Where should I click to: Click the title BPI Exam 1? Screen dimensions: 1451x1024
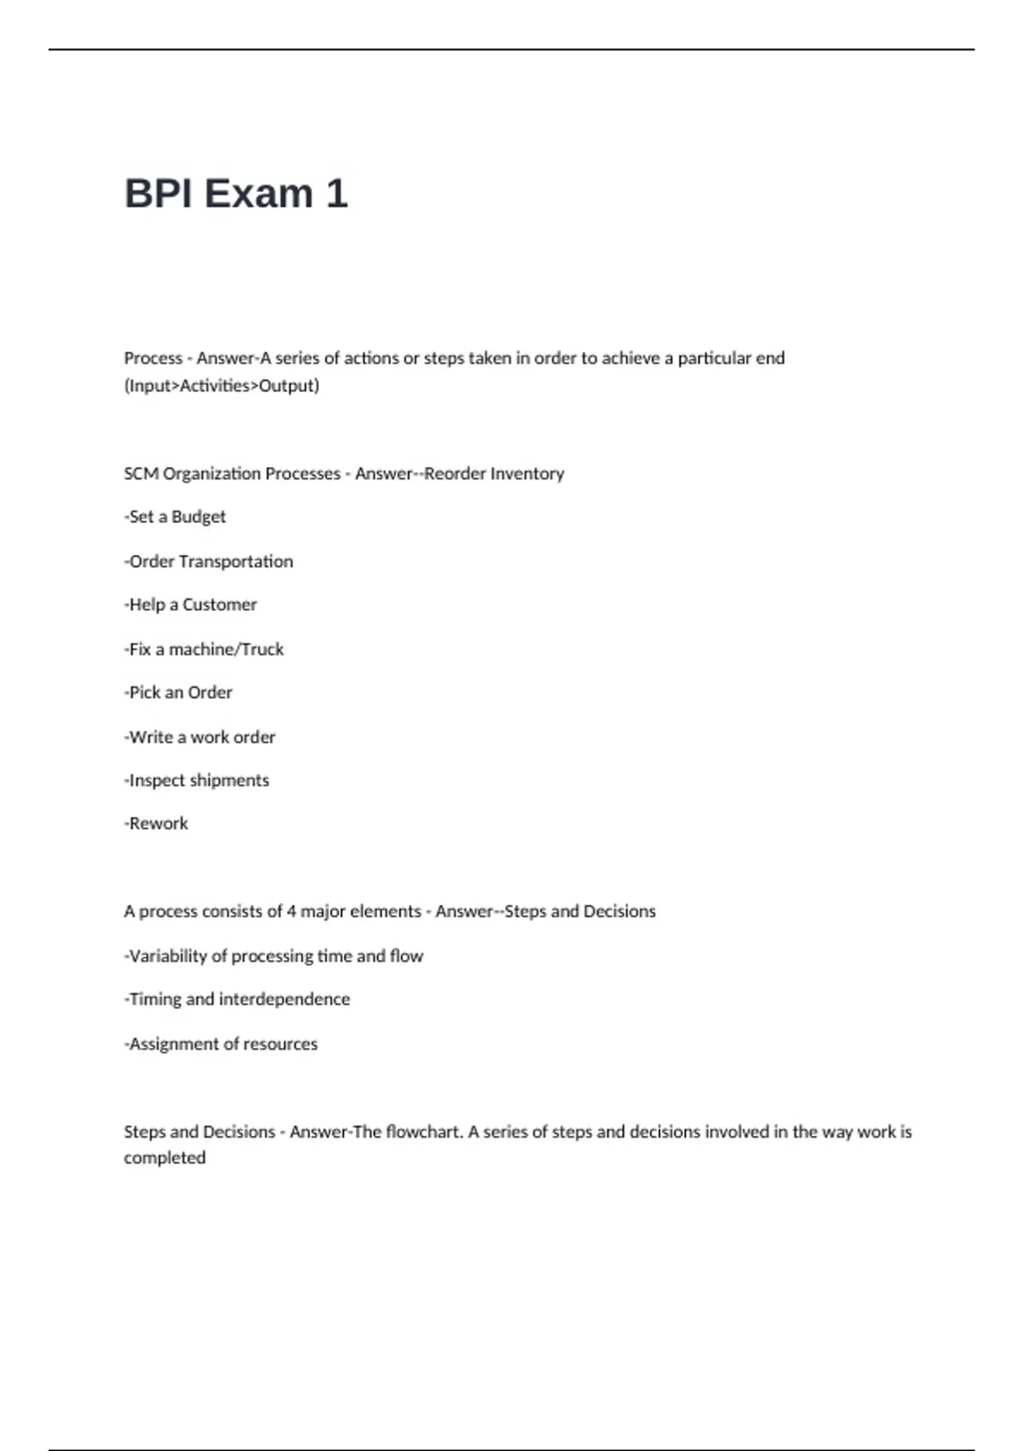tap(236, 194)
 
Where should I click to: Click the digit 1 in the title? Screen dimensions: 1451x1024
tap(336, 194)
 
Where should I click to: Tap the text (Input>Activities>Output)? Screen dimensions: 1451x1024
tap(222, 386)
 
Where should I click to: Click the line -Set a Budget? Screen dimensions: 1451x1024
tap(175, 517)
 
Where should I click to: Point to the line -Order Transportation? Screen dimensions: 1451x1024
tap(208, 562)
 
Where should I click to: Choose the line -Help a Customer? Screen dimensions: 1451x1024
tap(190, 605)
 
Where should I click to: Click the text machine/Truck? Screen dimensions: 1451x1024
tap(226, 650)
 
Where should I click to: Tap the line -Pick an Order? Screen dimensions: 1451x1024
tap(178, 693)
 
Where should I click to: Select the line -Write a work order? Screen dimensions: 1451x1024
tap(200, 737)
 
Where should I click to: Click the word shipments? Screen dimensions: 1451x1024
tap(229, 781)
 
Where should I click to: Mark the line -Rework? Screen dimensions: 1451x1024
tap(156, 824)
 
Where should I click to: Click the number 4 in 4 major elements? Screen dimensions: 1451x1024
tap(291, 912)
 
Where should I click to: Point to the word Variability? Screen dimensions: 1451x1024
tap(168, 956)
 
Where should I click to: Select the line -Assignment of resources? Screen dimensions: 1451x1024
tap(221, 1044)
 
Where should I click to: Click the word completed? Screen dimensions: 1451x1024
tap(165, 1158)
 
